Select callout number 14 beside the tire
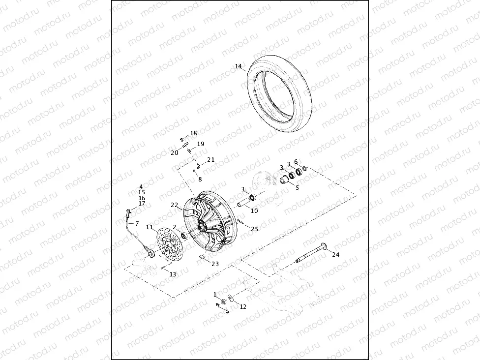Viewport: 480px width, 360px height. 239,66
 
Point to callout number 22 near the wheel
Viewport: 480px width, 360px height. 175,205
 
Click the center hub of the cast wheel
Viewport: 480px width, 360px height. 202,225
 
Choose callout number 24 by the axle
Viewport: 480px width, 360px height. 336,254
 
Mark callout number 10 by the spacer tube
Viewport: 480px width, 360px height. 254,210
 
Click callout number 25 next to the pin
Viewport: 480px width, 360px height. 254,229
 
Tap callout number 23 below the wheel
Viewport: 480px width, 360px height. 215,264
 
